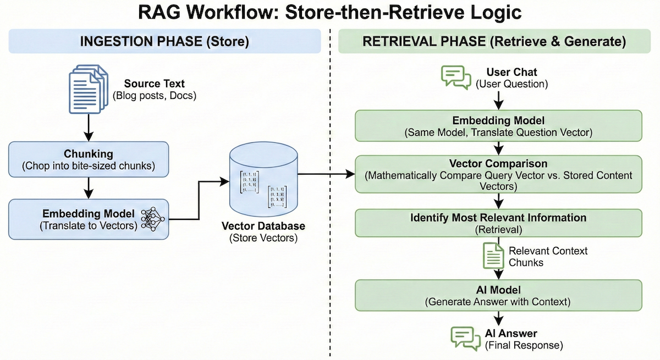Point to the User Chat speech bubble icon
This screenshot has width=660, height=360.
tap(456, 77)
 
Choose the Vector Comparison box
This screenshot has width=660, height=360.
tap(498, 174)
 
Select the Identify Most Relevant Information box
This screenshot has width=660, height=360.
tap(498, 222)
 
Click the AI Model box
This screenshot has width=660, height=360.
tap(498, 295)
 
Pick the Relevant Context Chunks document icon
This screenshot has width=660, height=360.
tap(492, 256)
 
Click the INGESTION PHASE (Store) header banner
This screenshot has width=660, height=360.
tap(165, 41)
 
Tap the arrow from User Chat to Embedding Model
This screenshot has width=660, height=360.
tap(498, 99)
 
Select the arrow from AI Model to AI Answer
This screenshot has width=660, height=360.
tap(498, 318)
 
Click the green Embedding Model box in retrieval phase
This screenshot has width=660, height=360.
tap(498, 126)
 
